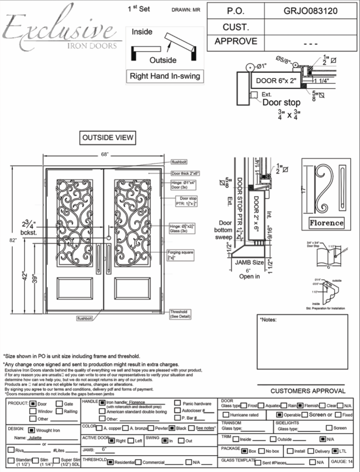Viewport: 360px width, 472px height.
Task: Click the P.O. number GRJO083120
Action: point(310,11)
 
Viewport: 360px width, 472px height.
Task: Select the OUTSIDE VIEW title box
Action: point(108,138)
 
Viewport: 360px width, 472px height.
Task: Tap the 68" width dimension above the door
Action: point(105,155)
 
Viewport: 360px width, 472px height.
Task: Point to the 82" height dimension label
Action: point(13,240)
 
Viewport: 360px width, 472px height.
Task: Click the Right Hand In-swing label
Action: point(165,76)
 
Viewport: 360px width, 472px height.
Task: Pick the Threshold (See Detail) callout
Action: point(180,314)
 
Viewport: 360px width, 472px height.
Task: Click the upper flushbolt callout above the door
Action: point(179,162)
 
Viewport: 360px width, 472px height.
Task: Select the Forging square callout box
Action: point(180,255)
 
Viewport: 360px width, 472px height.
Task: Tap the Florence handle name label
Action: point(326,223)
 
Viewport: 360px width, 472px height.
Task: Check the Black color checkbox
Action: point(172,428)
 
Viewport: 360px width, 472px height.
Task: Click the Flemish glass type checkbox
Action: point(300,406)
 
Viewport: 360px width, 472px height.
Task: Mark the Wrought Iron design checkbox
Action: point(31,430)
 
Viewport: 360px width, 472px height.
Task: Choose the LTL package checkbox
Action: point(335,451)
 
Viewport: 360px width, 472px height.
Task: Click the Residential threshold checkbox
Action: point(110,462)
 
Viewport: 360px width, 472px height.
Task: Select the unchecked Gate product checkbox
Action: point(59,404)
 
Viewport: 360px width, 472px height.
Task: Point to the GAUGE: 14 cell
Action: point(341,461)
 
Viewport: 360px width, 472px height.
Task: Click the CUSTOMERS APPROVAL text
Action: point(308,391)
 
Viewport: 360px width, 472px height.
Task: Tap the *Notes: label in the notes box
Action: point(268,320)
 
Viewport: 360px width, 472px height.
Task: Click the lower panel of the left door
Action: point(75,289)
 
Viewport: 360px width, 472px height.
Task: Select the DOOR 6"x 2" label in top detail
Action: point(276,81)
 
